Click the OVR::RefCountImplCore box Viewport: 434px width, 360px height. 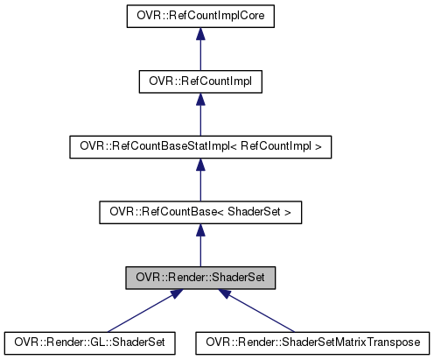(200, 15)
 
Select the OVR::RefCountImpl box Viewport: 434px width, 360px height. (200, 81)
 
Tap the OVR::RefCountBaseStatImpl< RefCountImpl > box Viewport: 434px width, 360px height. (200, 146)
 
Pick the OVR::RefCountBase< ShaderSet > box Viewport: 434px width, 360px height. (200, 212)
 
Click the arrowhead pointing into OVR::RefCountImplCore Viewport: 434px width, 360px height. (200, 33)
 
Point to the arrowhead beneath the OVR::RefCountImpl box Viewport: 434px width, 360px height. (200, 99)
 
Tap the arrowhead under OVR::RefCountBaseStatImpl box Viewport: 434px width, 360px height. (200, 165)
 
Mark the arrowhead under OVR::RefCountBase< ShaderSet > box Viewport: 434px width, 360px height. (200, 229)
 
